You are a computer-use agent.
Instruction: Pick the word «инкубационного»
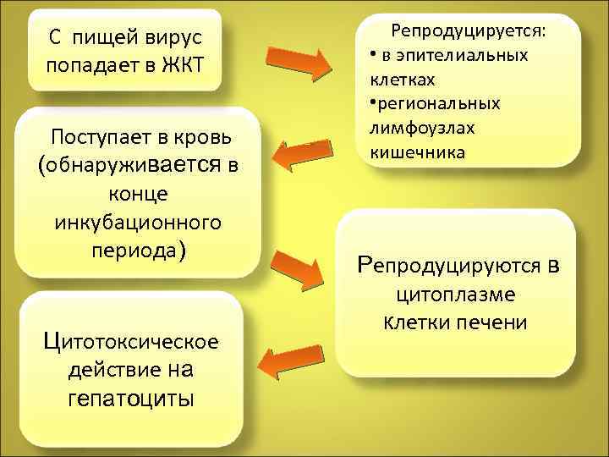[x=138, y=223]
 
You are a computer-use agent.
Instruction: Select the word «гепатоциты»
[x=131, y=398]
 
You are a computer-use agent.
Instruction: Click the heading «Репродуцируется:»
[x=469, y=31]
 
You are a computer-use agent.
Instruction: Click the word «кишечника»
[x=412, y=152]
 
